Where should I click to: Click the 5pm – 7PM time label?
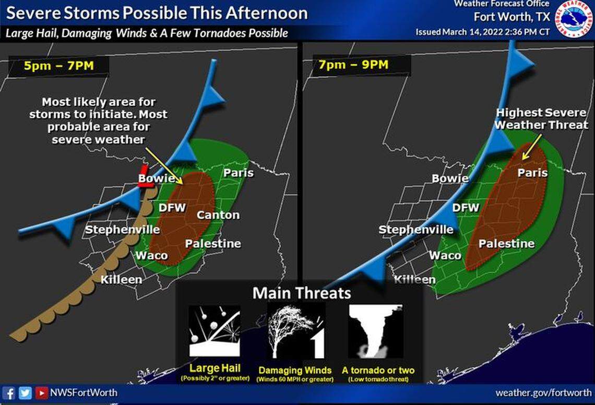click(x=58, y=66)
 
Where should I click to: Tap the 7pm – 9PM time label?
click(x=351, y=66)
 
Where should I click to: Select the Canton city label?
click(x=218, y=215)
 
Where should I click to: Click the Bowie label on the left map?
click(x=157, y=179)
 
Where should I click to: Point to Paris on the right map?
click(x=532, y=173)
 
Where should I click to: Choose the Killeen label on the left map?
click(x=121, y=279)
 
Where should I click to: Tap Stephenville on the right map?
click(x=415, y=230)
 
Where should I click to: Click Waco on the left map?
click(x=151, y=255)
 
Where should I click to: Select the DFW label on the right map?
click(x=466, y=208)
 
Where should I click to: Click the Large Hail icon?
click(x=214, y=331)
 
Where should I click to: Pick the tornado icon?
click(x=376, y=331)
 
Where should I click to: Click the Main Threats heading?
click(x=301, y=293)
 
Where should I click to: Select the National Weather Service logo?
click(x=574, y=18)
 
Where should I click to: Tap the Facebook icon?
click(x=9, y=392)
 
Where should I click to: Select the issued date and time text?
click(x=482, y=32)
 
